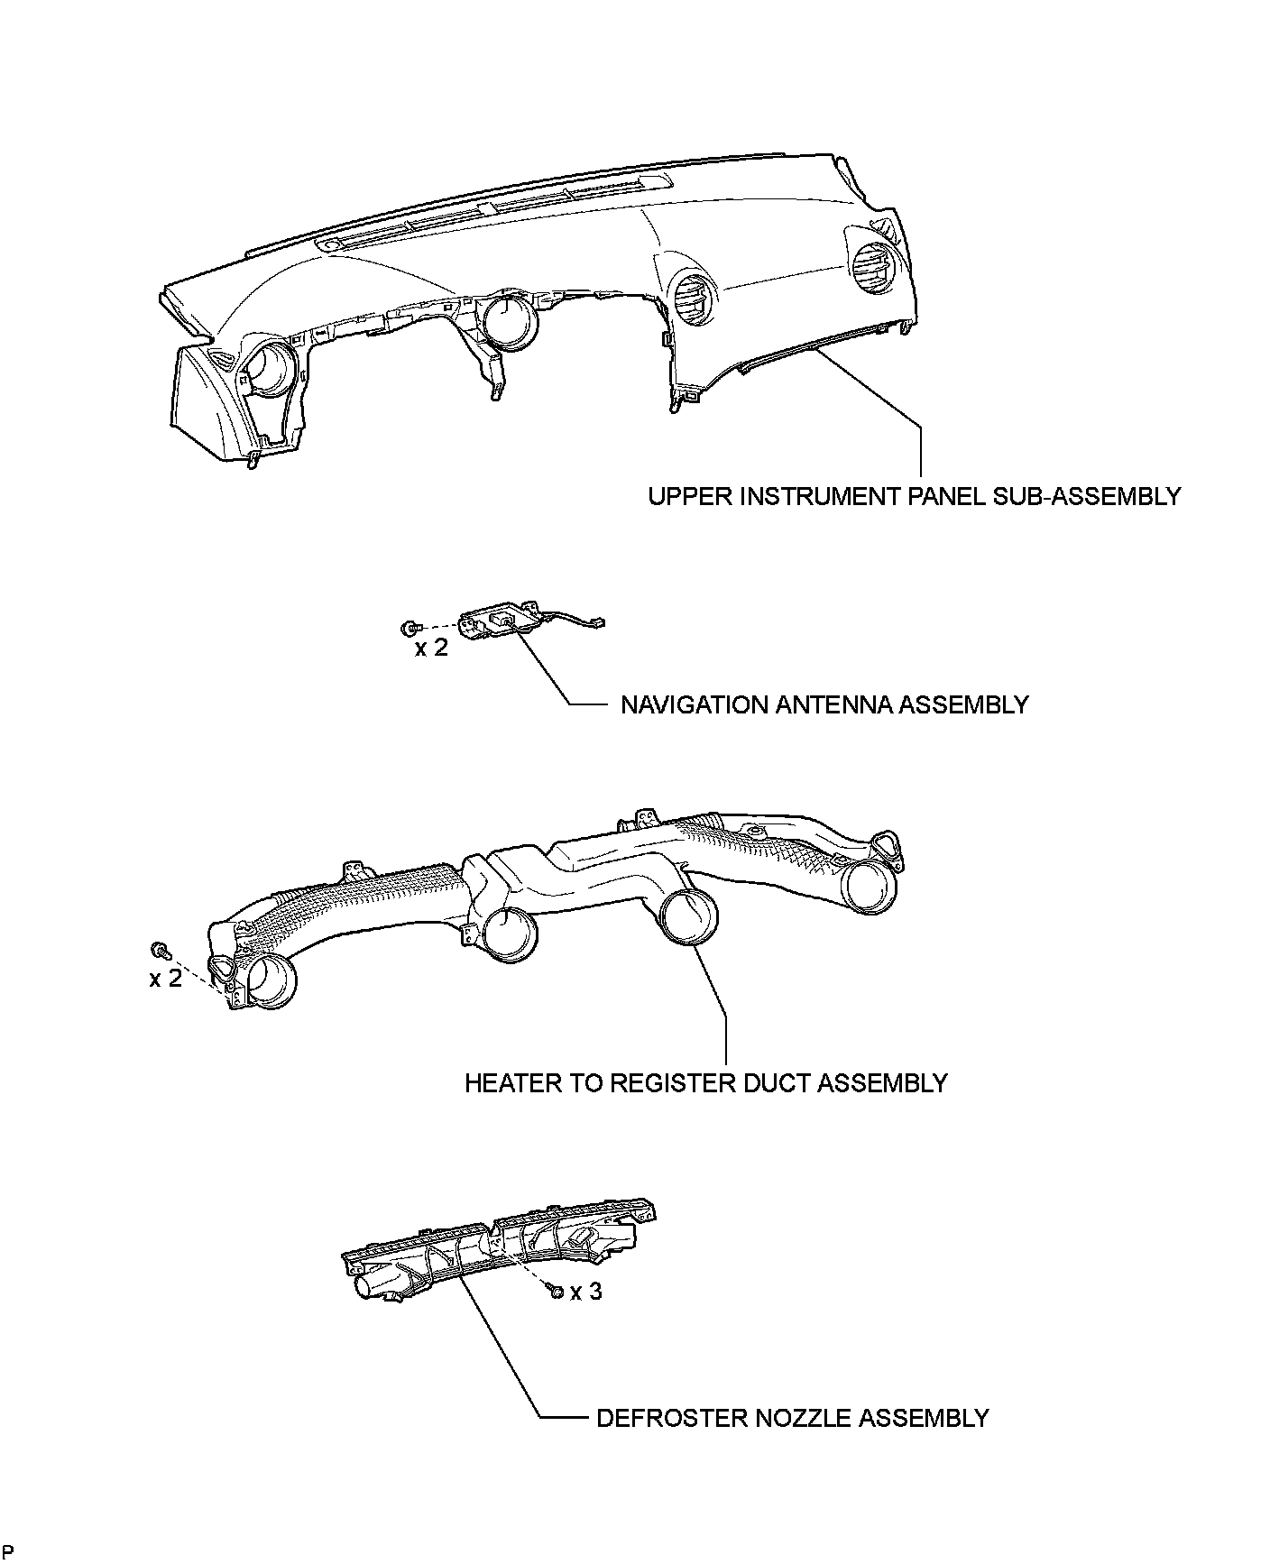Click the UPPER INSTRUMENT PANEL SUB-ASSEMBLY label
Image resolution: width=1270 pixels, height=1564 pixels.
[x=914, y=496]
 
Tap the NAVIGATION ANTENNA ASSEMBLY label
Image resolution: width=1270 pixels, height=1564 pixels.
[x=824, y=704]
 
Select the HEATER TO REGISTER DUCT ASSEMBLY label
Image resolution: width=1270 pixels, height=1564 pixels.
[x=706, y=1082]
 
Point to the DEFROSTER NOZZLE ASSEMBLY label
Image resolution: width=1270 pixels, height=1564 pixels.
[x=793, y=1418]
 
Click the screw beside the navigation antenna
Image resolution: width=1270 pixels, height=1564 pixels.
[x=410, y=627]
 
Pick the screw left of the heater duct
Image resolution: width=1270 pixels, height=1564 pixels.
[x=161, y=950]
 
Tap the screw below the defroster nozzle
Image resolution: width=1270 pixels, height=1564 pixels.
[x=556, y=1293]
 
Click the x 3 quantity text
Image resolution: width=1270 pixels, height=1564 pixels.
[x=585, y=1292]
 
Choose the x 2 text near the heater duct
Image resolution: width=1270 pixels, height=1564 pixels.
[x=165, y=978]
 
